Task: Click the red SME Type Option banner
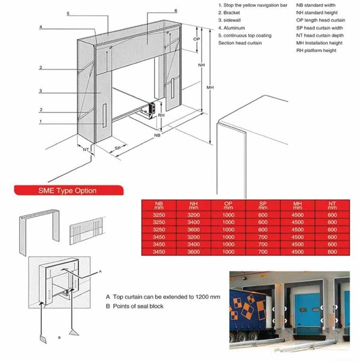(x=69, y=190)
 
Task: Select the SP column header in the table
(x=263, y=205)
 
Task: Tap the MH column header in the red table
(x=297, y=205)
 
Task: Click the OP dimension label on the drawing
(x=196, y=39)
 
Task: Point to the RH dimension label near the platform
(x=161, y=115)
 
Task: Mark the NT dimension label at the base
(x=85, y=150)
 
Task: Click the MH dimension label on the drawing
(x=210, y=87)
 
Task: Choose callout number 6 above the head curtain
(x=176, y=11)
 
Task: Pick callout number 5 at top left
(x=68, y=14)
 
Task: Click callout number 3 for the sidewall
(x=40, y=91)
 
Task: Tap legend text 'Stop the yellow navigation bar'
(x=255, y=5)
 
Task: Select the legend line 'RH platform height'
(x=316, y=51)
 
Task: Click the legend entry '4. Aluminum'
(x=232, y=28)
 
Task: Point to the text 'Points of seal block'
(x=138, y=306)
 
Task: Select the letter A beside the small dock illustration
(x=100, y=272)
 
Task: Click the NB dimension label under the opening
(x=157, y=135)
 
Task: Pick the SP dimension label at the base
(x=117, y=148)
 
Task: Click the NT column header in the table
(x=332, y=205)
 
